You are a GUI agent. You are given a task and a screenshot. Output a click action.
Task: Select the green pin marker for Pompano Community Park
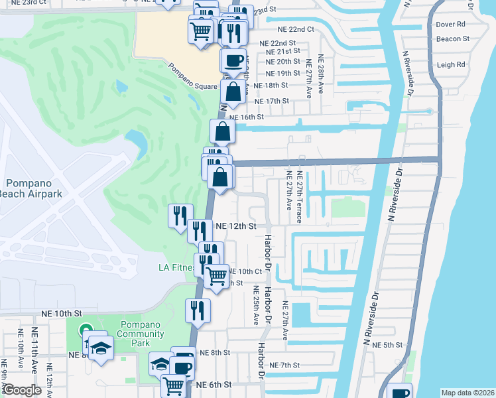click(85, 330)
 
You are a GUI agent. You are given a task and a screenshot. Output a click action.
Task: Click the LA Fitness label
click(176, 268)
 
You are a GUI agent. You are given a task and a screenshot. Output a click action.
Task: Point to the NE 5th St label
click(387, 345)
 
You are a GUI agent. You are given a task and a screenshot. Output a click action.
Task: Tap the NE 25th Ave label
click(256, 306)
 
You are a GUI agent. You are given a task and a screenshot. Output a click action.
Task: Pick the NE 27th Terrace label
click(300, 192)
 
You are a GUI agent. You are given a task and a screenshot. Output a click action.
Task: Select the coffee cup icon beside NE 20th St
click(233, 61)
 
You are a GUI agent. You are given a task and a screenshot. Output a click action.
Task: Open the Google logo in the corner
click(23, 390)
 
